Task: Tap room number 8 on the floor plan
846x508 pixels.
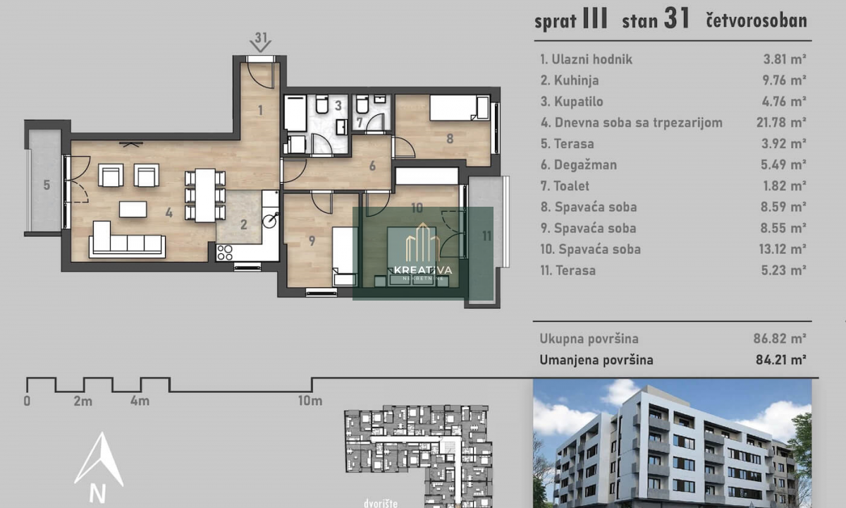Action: coord(450,139)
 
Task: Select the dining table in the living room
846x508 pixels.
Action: coord(205,195)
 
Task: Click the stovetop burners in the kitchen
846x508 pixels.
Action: coord(225,253)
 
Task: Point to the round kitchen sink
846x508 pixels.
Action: coord(269,221)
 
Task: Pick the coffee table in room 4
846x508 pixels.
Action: coord(133,209)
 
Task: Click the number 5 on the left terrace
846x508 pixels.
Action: coord(47,185)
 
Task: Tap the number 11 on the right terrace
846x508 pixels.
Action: coord(487,236)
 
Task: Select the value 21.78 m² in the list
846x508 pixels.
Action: coord(781,123)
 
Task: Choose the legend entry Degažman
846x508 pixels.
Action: coord(579,165)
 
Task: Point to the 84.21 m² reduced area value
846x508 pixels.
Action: coord(781,359)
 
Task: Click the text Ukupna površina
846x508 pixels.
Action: coord(589,339)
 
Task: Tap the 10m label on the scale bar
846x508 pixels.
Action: coord(310,401)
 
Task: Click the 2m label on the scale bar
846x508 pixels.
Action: coord(83,401)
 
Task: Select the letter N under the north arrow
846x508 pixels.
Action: coord(97,494)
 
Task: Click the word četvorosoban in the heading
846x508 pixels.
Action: coord(756,20)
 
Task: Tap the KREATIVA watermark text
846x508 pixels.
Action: coord(423,270)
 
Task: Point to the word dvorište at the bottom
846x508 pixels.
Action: coord(381,503)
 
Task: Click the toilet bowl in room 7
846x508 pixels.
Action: coord(362,104)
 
